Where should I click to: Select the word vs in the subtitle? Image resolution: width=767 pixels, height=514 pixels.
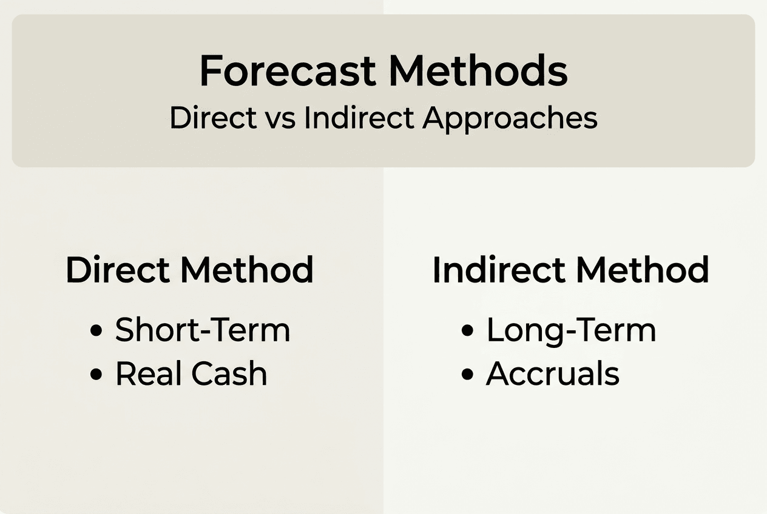click(x=280, y=118)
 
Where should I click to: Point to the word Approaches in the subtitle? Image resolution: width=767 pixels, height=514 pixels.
click(x=510, y=118)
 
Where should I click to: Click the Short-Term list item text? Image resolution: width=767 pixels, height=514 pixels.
click(x=203, y=330)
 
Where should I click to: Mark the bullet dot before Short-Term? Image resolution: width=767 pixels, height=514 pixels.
click(x=95, y=331)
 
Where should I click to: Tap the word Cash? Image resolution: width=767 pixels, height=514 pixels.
click(x=229, y=374)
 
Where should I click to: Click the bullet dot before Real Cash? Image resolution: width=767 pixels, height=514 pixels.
click(x=95, y=375)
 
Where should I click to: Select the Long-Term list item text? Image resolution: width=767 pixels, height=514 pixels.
click(x=571, y=330)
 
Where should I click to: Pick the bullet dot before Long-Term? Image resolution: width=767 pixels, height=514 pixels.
click(x=467, y=331)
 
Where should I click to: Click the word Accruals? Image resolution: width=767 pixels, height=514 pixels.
click(x=553, y=374)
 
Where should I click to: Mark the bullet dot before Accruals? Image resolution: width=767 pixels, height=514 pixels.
click(x=467, y=375)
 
